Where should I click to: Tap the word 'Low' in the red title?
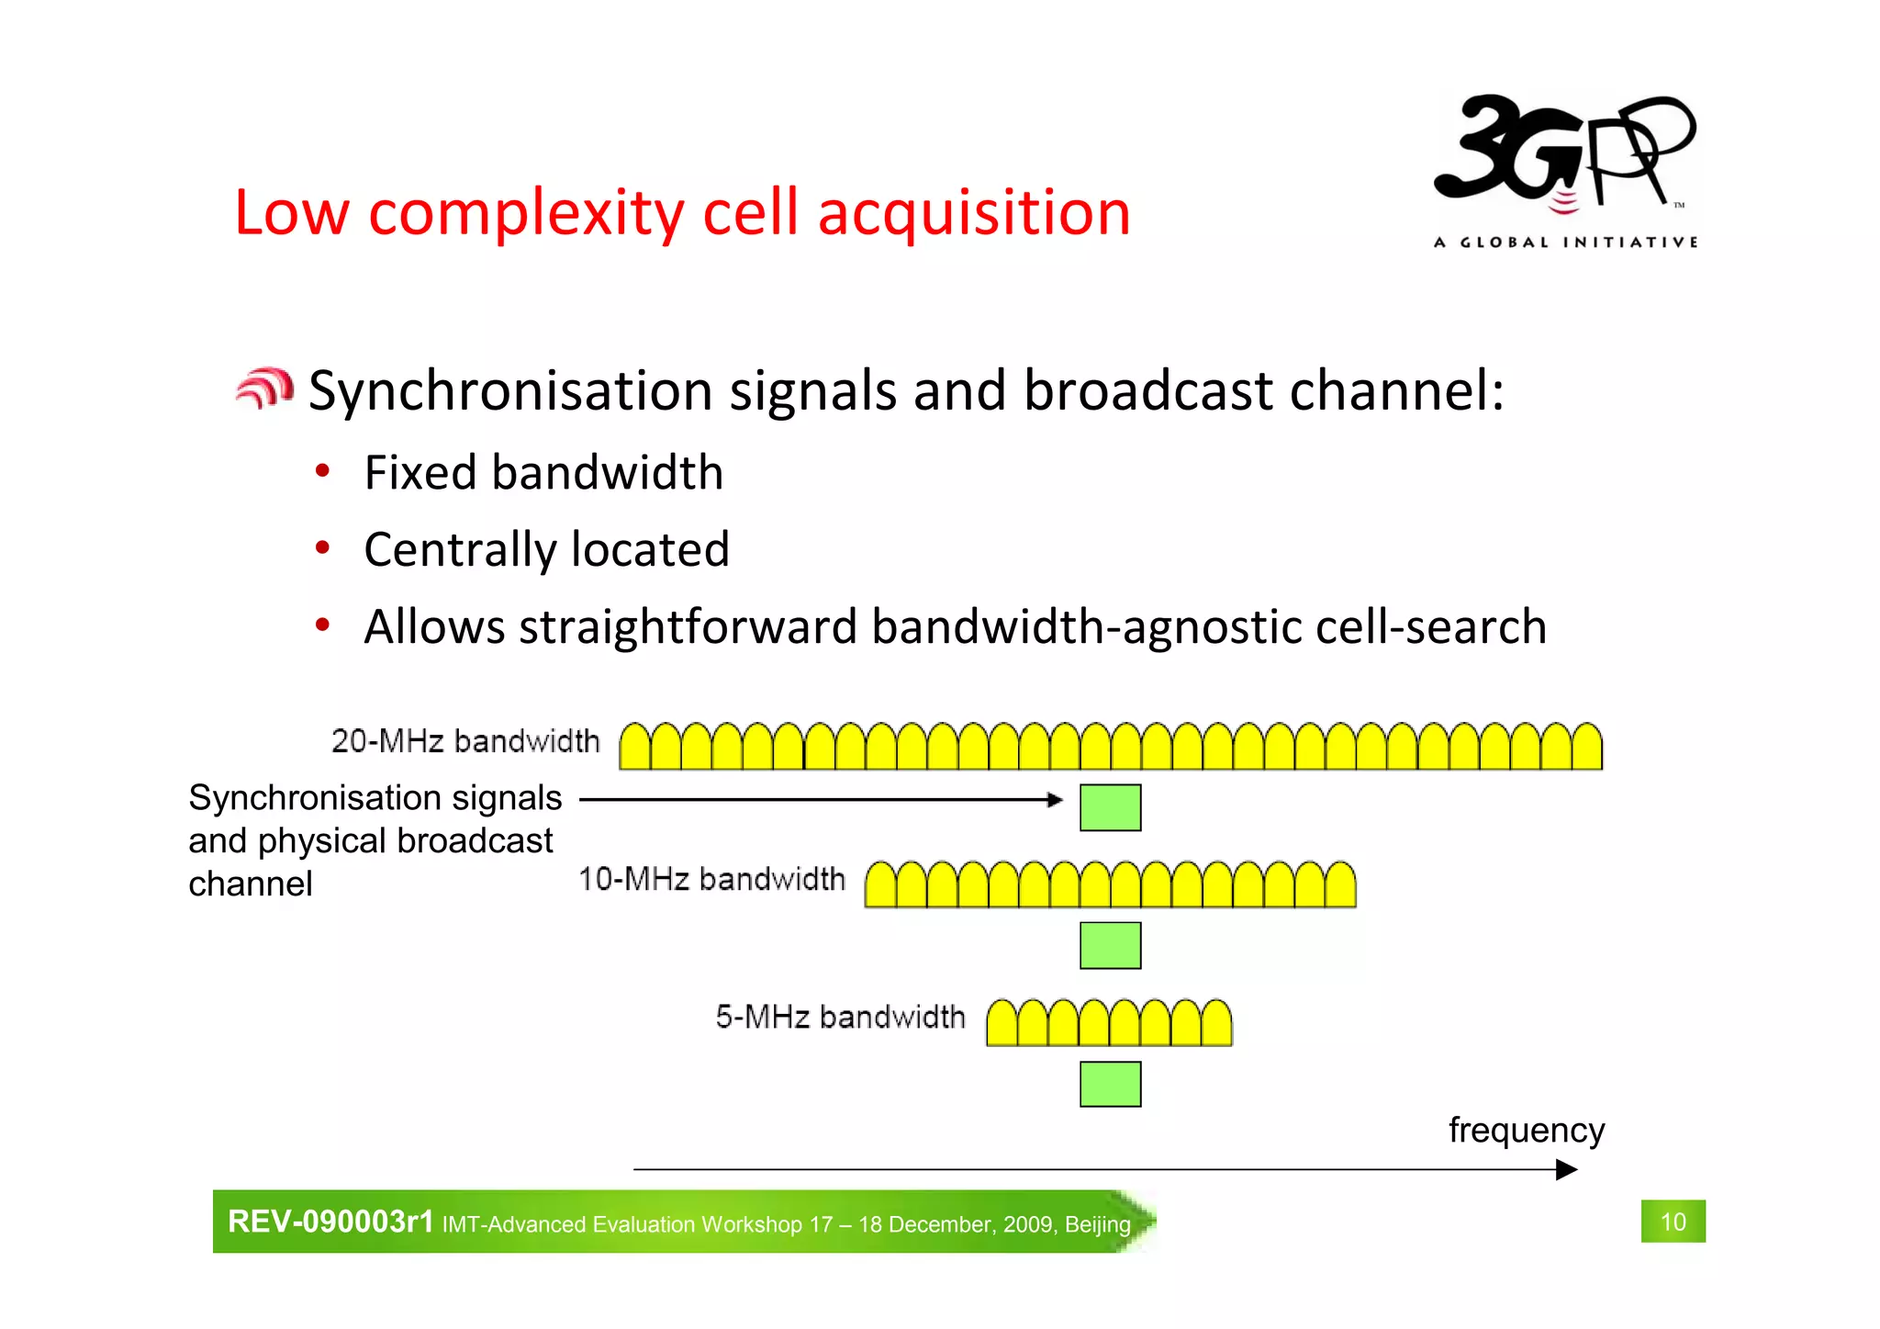(292, 213)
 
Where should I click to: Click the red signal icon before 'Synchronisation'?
(264, 388)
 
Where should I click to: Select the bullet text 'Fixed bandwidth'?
(543, 473)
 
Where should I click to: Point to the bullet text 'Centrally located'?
(546, 550)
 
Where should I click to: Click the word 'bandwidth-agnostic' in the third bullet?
(1087, 627)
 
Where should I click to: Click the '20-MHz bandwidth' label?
(465, 741)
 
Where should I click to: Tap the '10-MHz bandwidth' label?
(711, 879)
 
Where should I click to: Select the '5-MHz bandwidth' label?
(840, 1017)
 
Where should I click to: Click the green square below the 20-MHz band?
(1110, 807)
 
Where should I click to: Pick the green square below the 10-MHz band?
(1110, 945)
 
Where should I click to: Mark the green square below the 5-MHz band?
(1110, 1084)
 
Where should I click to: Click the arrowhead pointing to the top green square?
(1056, 800)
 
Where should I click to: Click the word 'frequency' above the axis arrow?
(1526, 1131)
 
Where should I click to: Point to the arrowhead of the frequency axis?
(1567, 1169)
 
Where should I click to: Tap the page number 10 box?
(1673, 1222)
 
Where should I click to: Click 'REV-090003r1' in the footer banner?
(330, 1222)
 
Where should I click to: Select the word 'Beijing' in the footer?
(1097, 1224)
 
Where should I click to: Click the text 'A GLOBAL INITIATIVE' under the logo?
(1565, 242)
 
